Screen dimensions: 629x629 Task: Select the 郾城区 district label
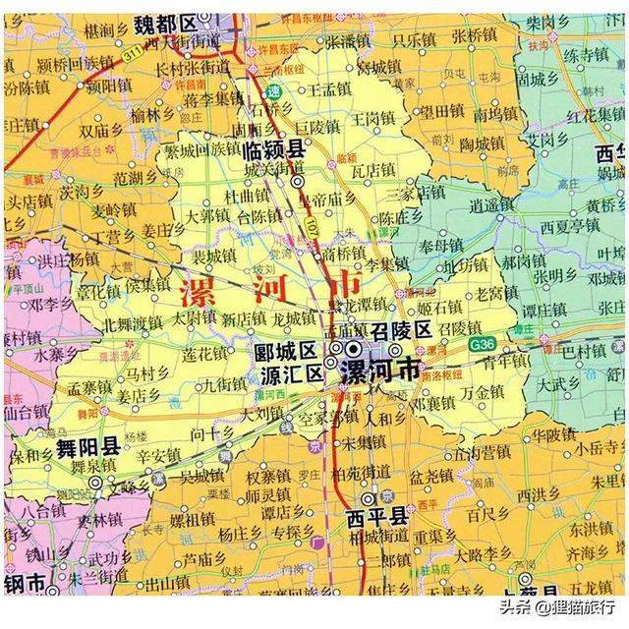coord(284,351)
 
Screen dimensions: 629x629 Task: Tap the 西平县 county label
coord(375,517)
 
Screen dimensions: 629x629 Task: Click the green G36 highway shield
coord(482,344)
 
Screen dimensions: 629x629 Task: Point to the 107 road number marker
coord(309,233)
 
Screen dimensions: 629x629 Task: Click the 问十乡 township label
coord(211,432)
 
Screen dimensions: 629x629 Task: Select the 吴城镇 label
coord(200,476)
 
